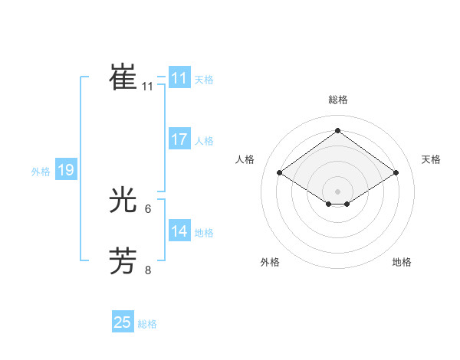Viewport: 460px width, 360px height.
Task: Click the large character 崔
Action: point(123,77)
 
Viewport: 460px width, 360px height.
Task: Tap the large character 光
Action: point(123,201)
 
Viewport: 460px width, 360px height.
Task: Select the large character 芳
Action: point(123,261)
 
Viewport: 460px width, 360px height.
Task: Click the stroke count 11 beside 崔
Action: point(148,87)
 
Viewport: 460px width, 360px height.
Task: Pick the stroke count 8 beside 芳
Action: point(148,270)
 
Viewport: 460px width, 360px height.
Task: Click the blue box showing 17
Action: point(179,139)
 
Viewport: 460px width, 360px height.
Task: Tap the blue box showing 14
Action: point(179,231)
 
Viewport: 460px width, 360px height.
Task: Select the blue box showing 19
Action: point(66,170)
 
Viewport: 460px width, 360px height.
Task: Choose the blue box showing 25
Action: point(123,322)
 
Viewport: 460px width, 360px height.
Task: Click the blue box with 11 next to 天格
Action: point(179,78)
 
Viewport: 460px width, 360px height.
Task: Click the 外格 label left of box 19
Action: point(41,172)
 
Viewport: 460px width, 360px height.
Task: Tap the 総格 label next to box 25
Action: point(147,324)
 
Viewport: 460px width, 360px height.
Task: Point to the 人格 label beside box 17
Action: point(204,141)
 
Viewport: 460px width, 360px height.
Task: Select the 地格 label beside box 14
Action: point(204,232)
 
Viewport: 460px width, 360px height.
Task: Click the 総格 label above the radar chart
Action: point(337,100)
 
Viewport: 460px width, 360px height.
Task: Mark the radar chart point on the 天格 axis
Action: point(396,173)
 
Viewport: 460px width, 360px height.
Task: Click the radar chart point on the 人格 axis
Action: point(280,173)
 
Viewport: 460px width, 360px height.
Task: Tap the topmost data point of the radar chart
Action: point(337,130)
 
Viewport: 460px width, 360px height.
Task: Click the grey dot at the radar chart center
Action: point(337,191)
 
